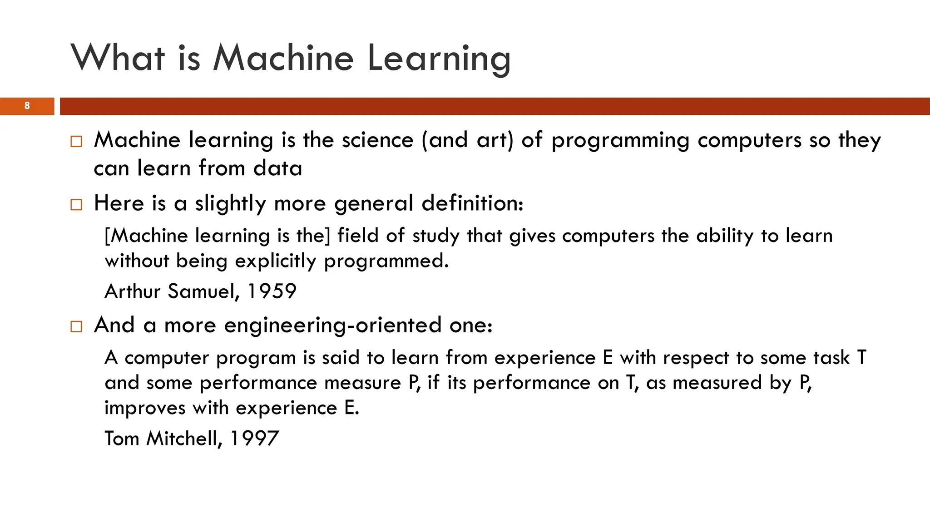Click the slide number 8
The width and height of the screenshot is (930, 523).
[x=27, y=106]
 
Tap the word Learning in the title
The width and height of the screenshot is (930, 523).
[x=439, y=59]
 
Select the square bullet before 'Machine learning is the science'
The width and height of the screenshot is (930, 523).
[x=76, y=141]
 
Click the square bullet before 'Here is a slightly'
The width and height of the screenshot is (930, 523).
[x=76, y=205]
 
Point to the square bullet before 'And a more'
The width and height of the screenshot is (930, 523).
[x=76, y=326]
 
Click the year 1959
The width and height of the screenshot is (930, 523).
[x=272, y=291]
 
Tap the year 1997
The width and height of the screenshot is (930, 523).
[x=254, y=438]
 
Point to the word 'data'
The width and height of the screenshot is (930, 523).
[x=277, y=168]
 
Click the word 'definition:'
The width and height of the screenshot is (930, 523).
[x=472, y=203]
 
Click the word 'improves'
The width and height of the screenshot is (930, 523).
[x=144, y=408]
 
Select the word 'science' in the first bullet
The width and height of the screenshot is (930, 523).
[x=377, y=140]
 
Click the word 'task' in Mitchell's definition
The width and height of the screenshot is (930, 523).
[x=831, y=358]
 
